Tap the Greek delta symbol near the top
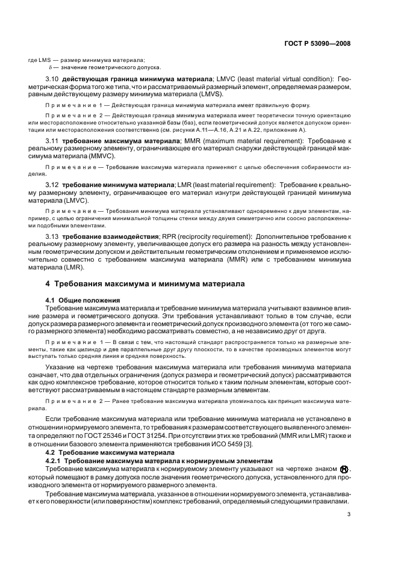(x=51, y=67)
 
